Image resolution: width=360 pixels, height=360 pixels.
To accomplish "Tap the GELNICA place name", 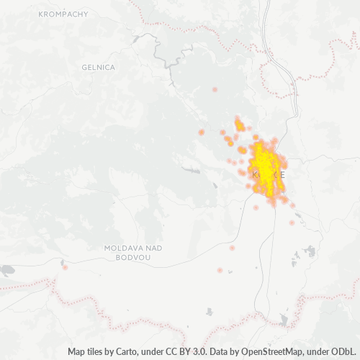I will click(x=99, y=67).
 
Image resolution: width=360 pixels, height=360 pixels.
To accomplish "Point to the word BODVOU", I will click(x=133, y=257).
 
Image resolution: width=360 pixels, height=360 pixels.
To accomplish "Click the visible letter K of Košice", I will click(x=255, y=175).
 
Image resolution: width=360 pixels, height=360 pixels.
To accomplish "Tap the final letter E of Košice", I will click(x=286, y=175).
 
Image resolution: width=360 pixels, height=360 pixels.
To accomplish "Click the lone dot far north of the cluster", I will click(x=215, y=89).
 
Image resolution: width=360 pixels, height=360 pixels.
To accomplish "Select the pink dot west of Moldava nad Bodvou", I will click(x=66, y=267).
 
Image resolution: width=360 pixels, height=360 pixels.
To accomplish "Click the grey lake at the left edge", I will click(x=6, y=271).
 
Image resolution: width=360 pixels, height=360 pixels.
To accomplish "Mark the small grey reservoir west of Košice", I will click(x=192, y=170).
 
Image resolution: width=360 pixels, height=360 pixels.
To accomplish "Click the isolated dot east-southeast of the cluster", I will click(x=292, y=222).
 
